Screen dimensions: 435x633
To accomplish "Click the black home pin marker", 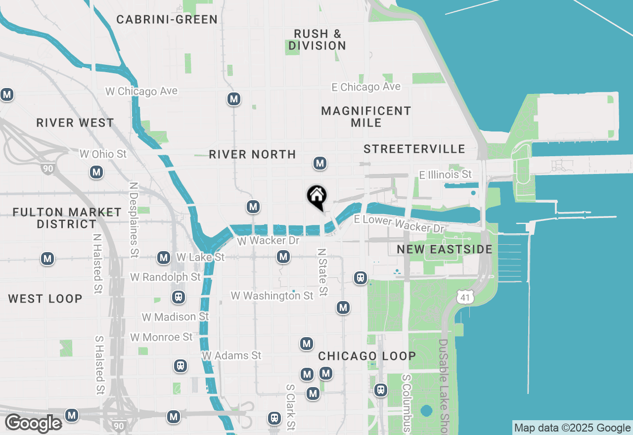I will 316,197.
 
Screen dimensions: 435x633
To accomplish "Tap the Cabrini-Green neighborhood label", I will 167,20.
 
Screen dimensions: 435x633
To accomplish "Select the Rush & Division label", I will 317,40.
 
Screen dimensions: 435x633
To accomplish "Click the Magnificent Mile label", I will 366,117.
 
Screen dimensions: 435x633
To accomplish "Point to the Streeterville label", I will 414,149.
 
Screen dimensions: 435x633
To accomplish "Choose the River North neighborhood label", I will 252,155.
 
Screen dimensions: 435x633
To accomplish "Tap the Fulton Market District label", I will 67,218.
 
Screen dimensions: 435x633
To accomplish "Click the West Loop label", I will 45,299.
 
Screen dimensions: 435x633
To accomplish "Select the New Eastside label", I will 445,250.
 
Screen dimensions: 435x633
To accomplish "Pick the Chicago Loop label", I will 367,356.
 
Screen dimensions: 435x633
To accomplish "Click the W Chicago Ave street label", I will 141,91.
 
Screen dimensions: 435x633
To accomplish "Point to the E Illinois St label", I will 445,174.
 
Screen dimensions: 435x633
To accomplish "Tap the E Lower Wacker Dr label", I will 400,224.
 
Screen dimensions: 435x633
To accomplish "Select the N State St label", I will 322,272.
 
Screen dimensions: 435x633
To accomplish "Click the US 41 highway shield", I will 466,297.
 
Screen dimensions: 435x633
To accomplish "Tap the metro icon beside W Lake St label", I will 164,258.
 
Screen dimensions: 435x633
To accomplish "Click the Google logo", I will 33,424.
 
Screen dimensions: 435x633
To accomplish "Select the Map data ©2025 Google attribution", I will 572,428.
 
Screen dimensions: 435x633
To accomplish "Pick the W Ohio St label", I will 103,154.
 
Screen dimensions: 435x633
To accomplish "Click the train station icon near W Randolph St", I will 179,297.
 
